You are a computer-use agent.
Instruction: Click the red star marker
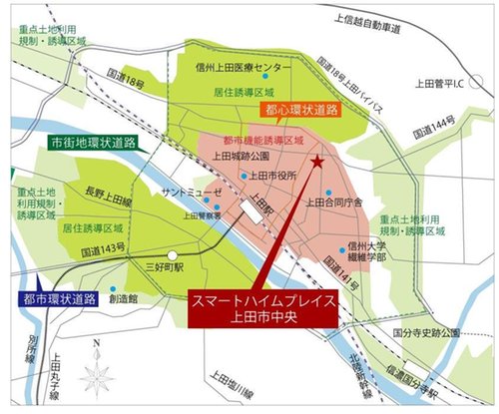coord(318,160)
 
